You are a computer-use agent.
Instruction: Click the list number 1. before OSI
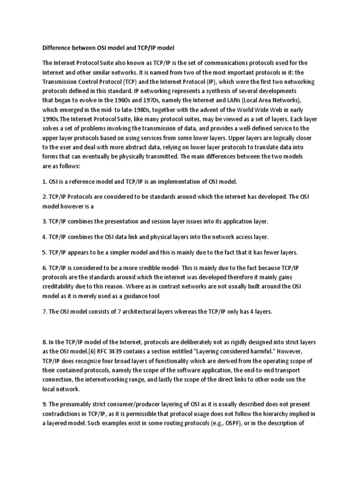click(45, 181)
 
